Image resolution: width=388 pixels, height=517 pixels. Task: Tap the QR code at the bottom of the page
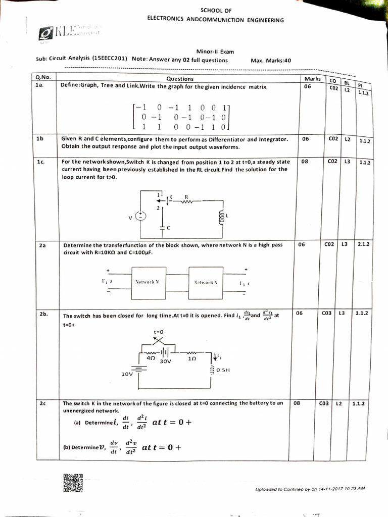click(x=73, y=483)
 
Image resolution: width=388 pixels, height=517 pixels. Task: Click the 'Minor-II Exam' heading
click(x=215, y=51)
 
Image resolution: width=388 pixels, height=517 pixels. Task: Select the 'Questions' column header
click(x=179, y=78)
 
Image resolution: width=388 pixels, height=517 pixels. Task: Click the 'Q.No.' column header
click(x=43, y=78)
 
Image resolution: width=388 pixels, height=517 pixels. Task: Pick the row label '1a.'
click(x=40, y=85)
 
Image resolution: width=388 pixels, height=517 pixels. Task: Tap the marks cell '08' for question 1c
click(x=304, y=162)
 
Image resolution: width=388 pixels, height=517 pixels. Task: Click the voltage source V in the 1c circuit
click(x=142, y=216)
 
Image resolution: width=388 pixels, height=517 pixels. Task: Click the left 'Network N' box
click(x=148, y=282)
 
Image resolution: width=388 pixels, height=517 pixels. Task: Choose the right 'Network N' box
click(x=206, y=282)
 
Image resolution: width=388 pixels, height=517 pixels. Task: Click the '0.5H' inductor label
click(x=222, y=370)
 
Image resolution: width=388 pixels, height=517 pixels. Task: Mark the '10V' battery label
click(x=128, y=374)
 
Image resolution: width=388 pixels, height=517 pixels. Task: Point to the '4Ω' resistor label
click(x=150, y=357)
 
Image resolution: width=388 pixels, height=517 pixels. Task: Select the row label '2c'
click(x=42, y=403)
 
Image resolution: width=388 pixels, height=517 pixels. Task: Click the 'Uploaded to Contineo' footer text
click(x=310, y=489)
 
